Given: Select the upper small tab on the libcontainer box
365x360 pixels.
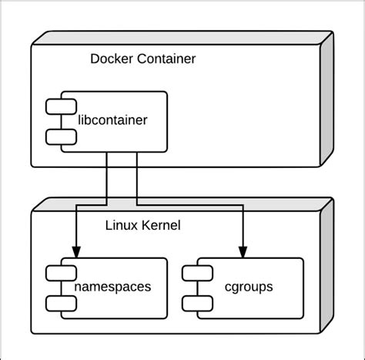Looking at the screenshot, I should point(59,106).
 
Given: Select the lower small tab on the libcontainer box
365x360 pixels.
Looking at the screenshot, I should point(59,136).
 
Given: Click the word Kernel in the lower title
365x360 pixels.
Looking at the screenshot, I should point(161,226).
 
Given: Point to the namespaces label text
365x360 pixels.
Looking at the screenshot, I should point(113,288).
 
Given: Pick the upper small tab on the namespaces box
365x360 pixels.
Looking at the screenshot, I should point(59,273).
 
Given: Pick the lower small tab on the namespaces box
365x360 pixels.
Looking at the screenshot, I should point(59,302).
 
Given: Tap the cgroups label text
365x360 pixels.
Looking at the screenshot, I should point(249,288).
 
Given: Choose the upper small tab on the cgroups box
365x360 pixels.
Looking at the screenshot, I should point(195,273).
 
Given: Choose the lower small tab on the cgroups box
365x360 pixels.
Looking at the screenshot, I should point(195,302).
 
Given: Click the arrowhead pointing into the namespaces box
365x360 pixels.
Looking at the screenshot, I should point(76,251).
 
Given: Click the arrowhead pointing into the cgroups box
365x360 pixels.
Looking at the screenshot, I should point(243,251).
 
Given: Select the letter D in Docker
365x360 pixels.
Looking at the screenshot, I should point(95,59).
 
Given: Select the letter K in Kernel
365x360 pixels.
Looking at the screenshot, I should point(145,226).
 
